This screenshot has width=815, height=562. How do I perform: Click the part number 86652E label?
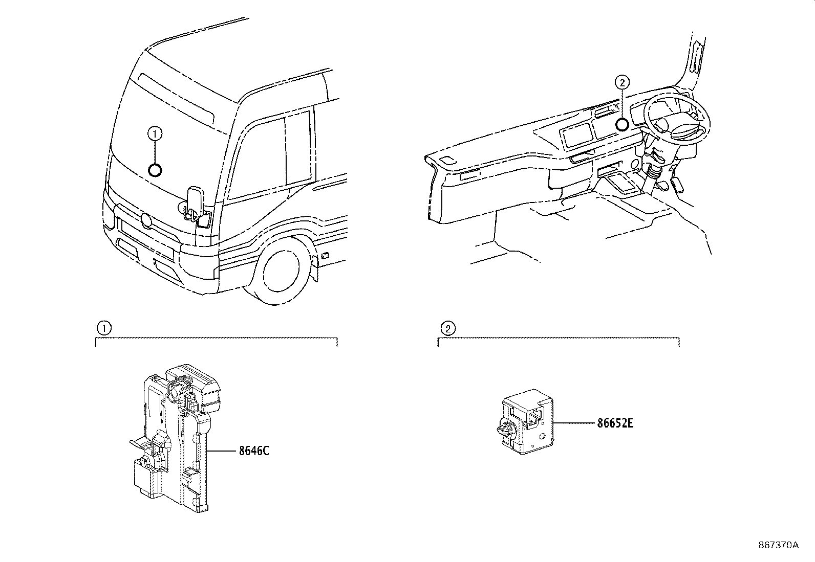615,423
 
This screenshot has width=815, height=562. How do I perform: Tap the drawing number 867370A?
778,545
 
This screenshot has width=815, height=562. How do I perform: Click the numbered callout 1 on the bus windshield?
155,134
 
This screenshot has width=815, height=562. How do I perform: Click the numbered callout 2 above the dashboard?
621,82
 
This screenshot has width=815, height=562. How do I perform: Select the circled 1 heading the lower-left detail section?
103,328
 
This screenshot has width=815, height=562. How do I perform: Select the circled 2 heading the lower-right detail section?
447,328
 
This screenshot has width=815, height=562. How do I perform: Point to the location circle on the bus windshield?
155,170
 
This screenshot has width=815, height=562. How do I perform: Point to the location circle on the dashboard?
621,124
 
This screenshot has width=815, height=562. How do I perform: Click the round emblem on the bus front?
146,220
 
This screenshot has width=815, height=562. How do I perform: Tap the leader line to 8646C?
221,451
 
